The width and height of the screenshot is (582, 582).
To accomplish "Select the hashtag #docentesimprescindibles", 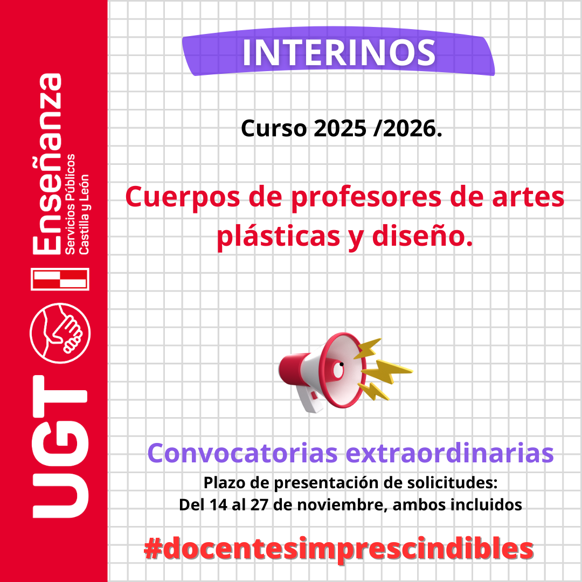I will (x=339, y=549).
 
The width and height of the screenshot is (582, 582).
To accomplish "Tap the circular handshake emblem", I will (x=60, y=332).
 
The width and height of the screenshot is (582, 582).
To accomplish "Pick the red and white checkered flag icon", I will (x=60, y=279).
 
